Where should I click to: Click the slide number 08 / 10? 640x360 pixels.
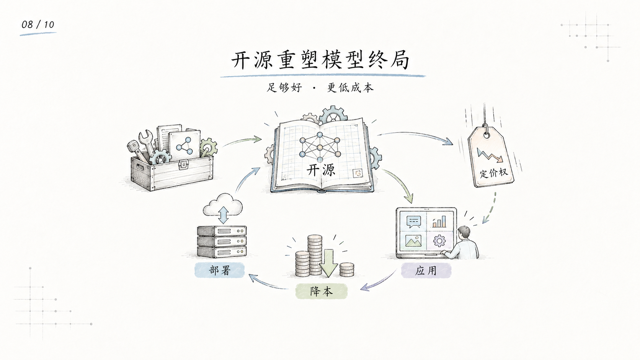(38, 24)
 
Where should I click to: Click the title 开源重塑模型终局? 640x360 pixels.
(320, 60)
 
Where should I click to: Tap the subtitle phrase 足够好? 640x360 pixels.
(284, 87)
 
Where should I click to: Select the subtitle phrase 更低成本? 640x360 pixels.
(350, 87)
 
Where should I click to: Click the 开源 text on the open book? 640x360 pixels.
(321, 170)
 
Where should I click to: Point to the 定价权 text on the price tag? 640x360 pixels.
(494, 173)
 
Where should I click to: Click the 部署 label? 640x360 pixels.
(219, 270)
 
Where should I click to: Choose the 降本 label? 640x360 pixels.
(322, 291)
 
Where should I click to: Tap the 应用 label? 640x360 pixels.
(426, 270)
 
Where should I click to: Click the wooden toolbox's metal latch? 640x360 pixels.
(183, 165)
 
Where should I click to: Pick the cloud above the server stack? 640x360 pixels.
(222, 205)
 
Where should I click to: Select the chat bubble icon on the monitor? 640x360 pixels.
(413, 222)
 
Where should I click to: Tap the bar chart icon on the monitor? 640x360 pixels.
(439, 222)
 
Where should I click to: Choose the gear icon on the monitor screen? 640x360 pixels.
(439, 241)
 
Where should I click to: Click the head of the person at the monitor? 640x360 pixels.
(464, 233)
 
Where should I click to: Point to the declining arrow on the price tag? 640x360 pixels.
(490, 155)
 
